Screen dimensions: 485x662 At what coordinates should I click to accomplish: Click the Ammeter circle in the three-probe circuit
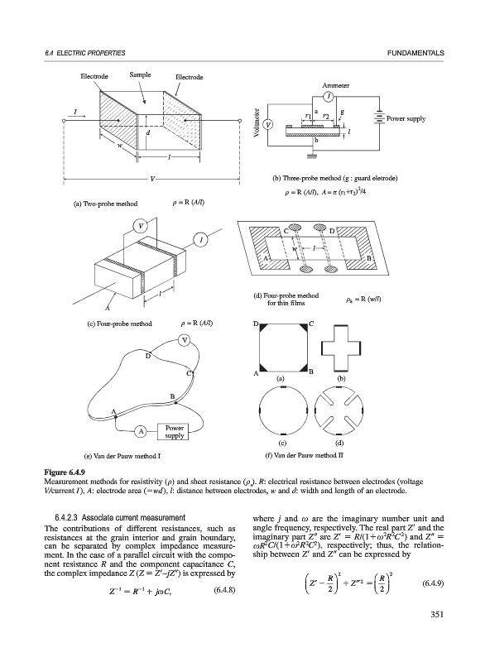(x=328, y=97)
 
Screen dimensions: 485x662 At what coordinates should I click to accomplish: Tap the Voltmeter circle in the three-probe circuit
(x=267, y=125)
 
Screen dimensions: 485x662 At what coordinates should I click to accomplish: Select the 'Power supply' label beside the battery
(x=406, y=119)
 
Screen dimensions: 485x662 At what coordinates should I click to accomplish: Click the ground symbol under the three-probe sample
(x=312, y=156)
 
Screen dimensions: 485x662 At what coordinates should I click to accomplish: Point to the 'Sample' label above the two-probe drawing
(x=140, y=74)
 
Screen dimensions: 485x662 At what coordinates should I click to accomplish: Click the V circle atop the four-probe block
(x=141, y=226)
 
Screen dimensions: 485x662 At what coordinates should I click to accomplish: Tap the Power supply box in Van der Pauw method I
(x=175, y=431)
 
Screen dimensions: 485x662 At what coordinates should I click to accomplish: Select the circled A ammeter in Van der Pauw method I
(x=141, y=431)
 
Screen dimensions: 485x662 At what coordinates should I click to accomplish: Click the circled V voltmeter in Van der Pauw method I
(x=185, y=340)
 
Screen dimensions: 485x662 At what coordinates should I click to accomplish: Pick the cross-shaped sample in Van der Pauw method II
(x=341, y=348)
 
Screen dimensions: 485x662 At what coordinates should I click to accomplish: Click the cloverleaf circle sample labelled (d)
(x=340, y=410)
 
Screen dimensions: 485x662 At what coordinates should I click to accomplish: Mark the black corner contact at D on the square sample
(x=264, y=328)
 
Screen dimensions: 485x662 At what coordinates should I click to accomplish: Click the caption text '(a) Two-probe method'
(x=106, y=204)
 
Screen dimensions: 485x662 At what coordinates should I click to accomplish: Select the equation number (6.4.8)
(x=223, y=589)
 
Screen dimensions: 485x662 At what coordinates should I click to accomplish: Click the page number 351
(x=437, y=615)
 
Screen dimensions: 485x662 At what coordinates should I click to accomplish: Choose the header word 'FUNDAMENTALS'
(x=415, y=53)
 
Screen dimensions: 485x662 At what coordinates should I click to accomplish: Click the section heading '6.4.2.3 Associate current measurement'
(x=120, y=518)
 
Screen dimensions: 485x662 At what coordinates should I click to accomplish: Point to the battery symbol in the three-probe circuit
(x=380, y=118)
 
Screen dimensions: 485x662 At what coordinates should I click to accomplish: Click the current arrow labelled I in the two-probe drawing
(x=80, y=116)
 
